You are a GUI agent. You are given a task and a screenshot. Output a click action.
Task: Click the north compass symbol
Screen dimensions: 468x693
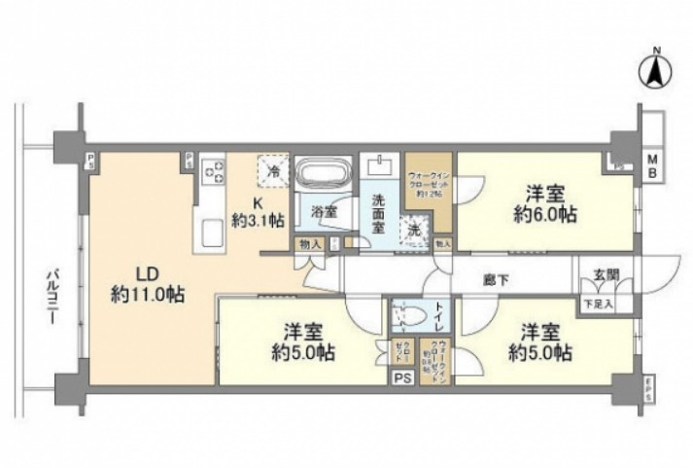655,69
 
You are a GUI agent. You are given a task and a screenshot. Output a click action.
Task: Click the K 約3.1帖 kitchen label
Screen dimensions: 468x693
258,211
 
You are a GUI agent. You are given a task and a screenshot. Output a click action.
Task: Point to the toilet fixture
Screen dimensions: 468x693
410,316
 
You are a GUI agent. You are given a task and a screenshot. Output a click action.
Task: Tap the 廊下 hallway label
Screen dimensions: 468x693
497,279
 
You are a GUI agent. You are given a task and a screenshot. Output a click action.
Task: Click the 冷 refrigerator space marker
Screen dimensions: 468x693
273,171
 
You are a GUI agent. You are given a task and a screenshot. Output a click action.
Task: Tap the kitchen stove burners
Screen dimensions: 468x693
213,173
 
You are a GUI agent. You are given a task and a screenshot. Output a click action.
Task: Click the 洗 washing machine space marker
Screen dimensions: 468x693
415,232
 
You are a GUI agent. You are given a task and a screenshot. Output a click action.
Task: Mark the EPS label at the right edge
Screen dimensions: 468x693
649,387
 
